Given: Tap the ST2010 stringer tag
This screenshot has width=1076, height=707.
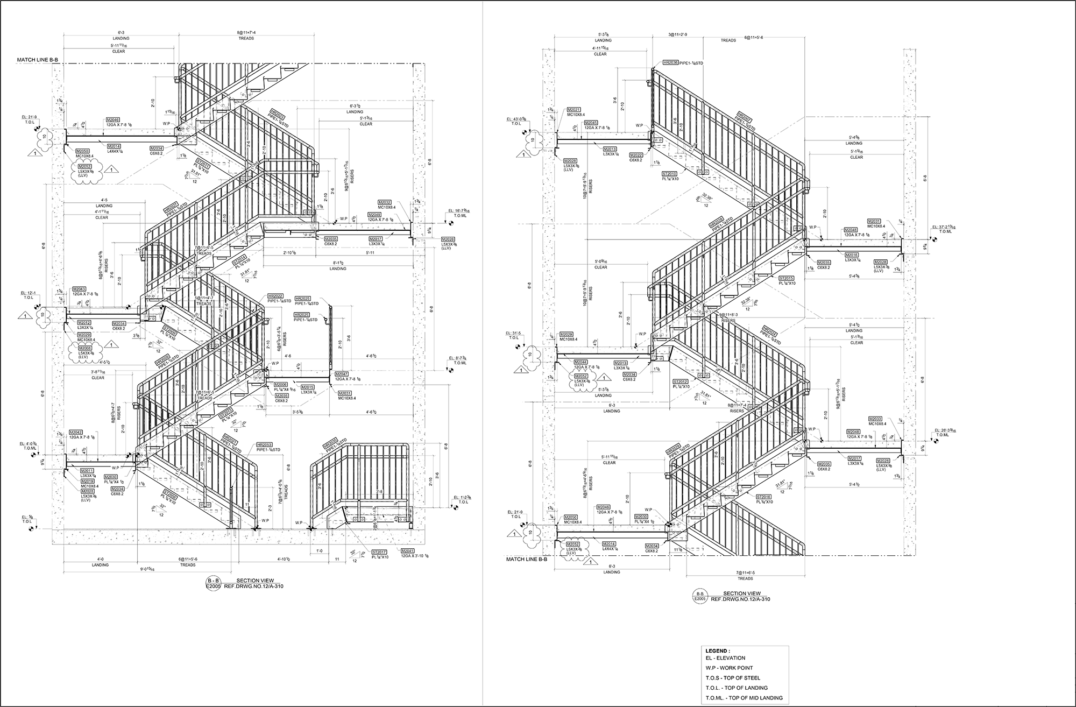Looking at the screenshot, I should (x=669, y=174).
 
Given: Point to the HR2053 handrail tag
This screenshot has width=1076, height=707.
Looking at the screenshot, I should (x=264, y=445).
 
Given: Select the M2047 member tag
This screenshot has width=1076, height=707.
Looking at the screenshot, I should (x=342, y=374).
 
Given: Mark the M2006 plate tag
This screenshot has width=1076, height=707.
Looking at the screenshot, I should (x=280, y=385).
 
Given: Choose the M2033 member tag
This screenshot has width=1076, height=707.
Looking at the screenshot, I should (x=875, y=419).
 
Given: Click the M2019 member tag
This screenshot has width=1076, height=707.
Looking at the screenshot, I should (x=87, y=481).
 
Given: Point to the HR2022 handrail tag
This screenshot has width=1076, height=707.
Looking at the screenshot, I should (x=275, y=296).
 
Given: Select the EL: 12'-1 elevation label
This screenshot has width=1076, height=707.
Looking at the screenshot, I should (x=28, y=293).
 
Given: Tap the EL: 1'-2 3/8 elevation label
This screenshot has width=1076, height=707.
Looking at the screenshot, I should (x=462, y=497).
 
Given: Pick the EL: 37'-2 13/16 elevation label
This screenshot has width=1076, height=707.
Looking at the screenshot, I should (x=945, y=227).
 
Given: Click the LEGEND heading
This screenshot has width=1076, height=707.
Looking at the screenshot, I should (x=718, y=651).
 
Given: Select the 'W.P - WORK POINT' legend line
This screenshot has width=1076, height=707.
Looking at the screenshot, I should (x=729, y=668).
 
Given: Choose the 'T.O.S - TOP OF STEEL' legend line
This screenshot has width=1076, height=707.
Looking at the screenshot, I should (x=733, y=678).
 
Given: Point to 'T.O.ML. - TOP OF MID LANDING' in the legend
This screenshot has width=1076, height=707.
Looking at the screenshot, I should (x=744, y=698).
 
